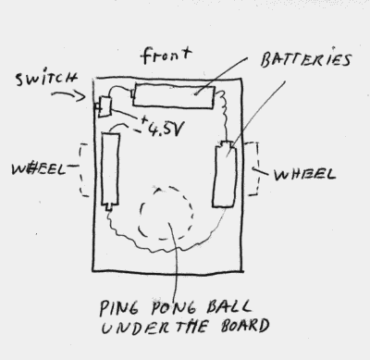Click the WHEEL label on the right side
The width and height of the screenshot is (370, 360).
302,173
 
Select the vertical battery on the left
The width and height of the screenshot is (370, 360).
111,170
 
